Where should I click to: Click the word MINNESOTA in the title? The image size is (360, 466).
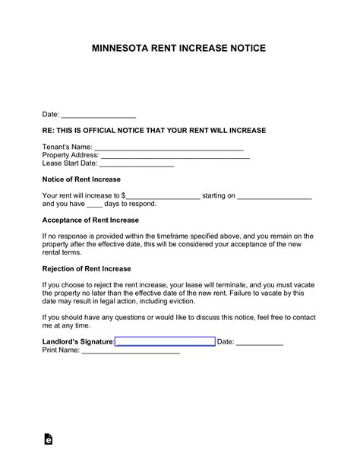click(x=120, y=48)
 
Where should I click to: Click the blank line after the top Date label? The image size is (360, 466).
click(x=98, y=116)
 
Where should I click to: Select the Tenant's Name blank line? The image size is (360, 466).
click(x=168, y=147)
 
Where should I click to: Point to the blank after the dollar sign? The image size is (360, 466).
click(x=163, y=196)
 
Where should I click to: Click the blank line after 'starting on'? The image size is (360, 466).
click(x=274, y=196)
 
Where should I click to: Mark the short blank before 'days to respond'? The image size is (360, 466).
click(x=94, y=204)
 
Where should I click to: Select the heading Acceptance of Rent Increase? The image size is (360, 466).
click(x=90, y=220)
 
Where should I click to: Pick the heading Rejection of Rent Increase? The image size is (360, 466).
click(x=87, y=269)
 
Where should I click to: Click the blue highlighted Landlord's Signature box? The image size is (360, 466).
click(x=165, y=342)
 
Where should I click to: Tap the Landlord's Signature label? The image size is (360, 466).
click(x=77, y=342)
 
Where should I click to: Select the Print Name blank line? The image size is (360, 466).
click(x=130, y=351)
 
